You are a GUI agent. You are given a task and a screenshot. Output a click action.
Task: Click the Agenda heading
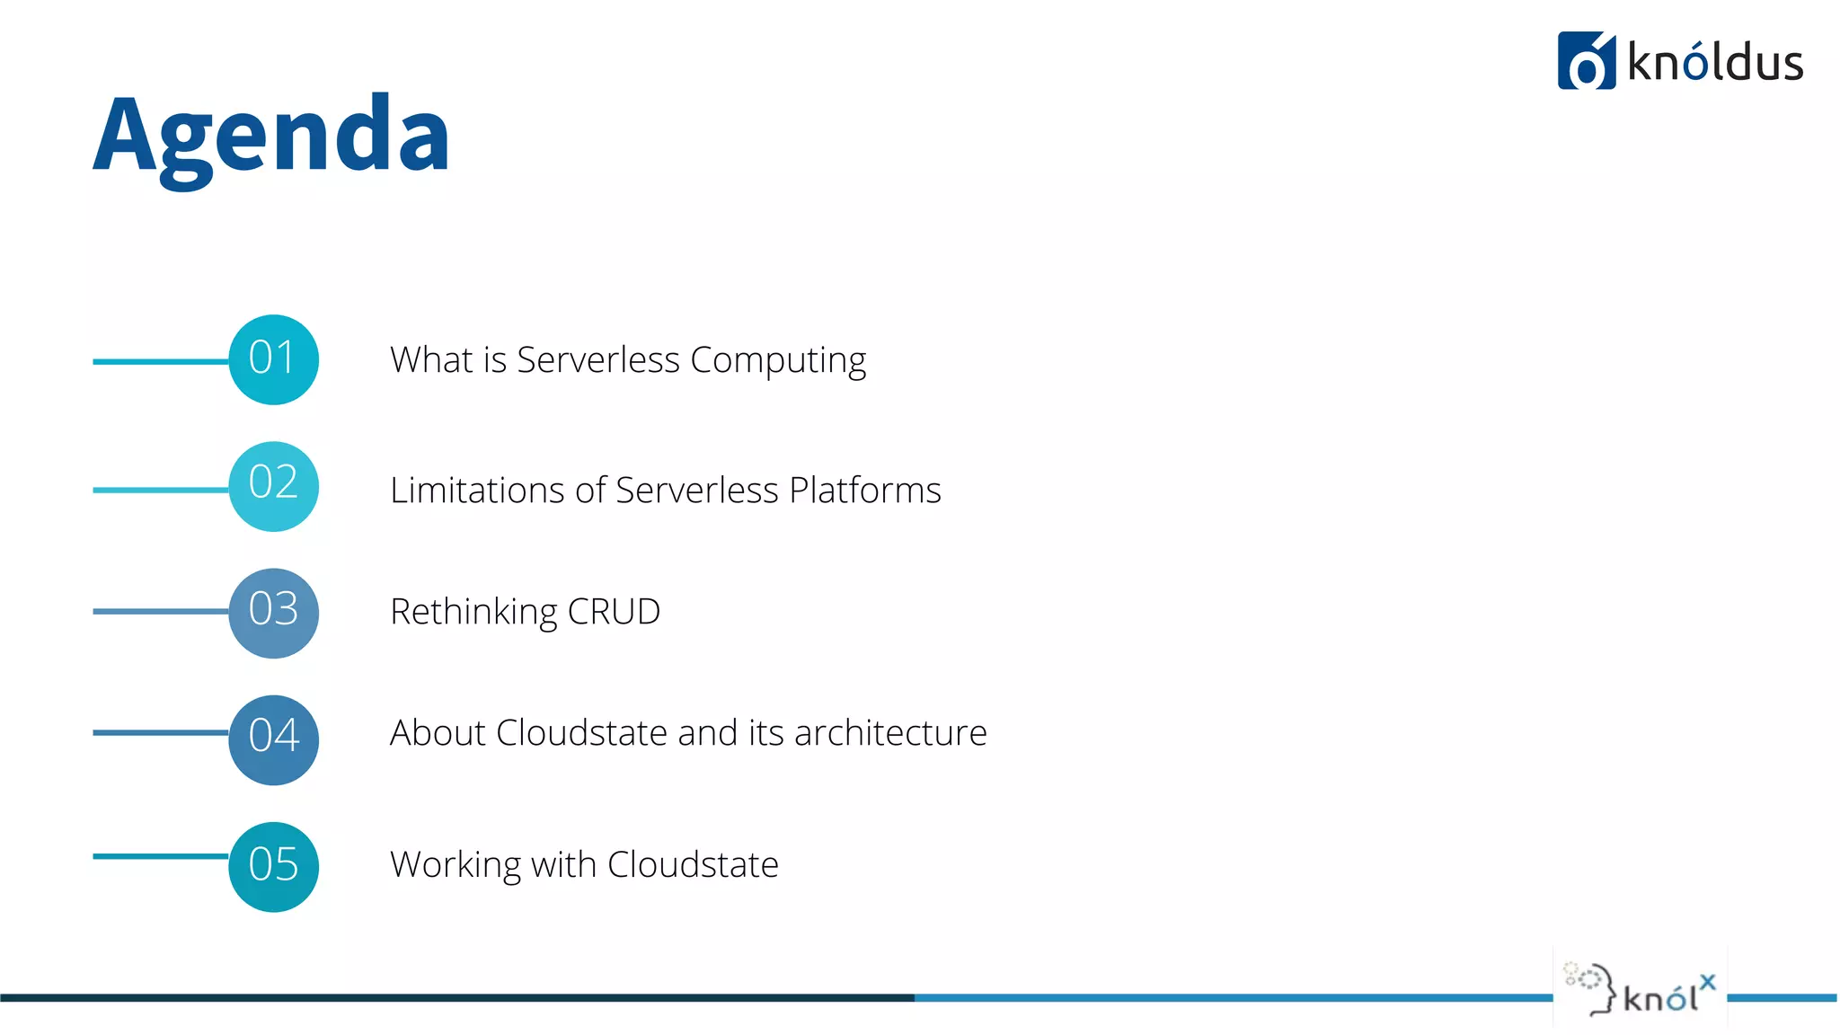(x=271, y=135)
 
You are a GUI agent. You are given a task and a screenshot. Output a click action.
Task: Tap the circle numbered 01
(x=273, y=359)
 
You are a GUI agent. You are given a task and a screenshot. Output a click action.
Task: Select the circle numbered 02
(x=273, y=486)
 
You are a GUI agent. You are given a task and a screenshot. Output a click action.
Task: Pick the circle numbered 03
(x=273, y=613)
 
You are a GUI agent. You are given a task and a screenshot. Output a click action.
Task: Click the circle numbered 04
(x=273, y=739)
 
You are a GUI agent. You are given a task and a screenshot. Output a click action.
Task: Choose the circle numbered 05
(x=273, y=866)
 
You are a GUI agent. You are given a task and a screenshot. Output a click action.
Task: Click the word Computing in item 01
(x=778, y=360)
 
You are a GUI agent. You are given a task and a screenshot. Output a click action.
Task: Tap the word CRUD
(x=615, y=612)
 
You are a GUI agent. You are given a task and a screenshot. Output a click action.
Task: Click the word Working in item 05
(x=456, y=864)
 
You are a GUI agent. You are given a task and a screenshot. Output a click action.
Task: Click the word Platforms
(x=865, y=491)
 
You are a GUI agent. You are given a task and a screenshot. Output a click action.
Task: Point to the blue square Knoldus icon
(x=1586, y=61)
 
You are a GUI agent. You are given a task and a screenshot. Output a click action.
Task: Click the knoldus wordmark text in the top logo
(x=1715, y=63)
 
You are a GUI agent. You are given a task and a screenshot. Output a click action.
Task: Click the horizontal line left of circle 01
(x=160, y=361)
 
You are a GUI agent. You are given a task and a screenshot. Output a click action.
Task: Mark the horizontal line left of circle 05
(x=160, y=856)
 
